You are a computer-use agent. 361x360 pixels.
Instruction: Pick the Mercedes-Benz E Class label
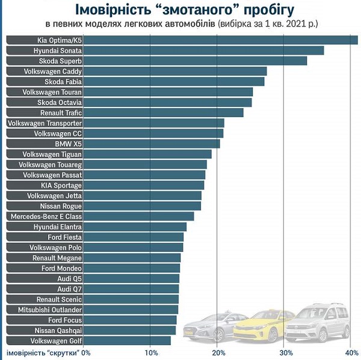click(x=46, y=216)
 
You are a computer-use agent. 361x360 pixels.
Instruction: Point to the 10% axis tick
click(x=151, y=352)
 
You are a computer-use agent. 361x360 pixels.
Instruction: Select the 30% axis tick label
click(x=286, y=352)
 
